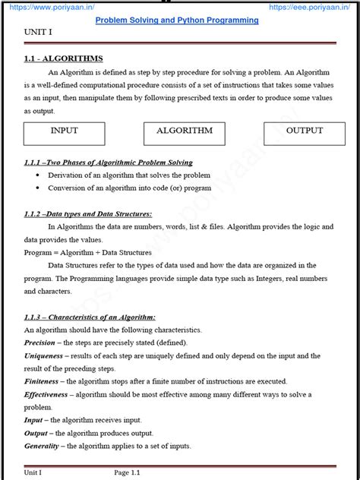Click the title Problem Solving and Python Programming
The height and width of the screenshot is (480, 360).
point(176,20)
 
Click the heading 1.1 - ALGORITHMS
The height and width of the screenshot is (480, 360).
point(63,58)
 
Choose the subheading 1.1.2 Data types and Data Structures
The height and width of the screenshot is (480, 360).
point(88,214)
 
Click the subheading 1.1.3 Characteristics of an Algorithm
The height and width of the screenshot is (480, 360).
point(90,317)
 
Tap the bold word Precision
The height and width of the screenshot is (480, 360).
point(39,343)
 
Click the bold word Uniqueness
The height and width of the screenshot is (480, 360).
point(43,355)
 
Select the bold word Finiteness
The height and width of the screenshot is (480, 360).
point(41,381)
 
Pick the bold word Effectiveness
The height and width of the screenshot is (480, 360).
point(46,394)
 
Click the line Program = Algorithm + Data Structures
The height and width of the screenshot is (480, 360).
point(87,252)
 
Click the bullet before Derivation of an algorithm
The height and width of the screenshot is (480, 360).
point(39,175)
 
